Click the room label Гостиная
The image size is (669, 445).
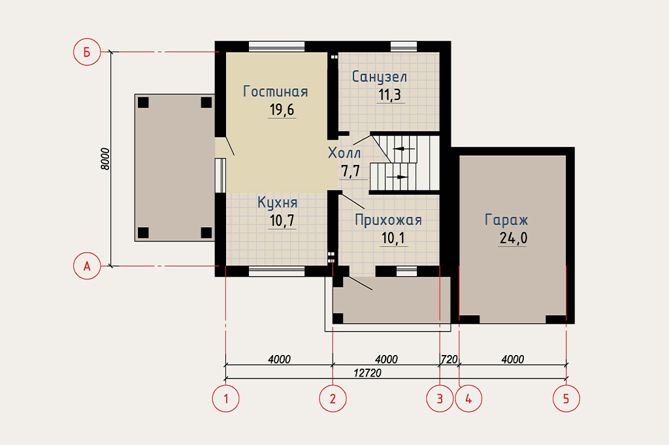coord(275,91)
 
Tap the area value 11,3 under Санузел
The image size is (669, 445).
coord(390,95)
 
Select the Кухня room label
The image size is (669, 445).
coord(277,202)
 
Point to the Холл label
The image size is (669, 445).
coord(344,153)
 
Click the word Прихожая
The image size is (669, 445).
coord(388,220)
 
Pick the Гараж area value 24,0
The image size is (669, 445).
coord(514,238)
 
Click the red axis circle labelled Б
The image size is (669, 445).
coord(87,52)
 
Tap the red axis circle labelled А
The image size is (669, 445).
coord(87,266)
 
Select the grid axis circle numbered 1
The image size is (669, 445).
coord(225,399)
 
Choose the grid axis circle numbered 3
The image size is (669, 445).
coord(440,399)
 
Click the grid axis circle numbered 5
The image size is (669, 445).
coord(566,399)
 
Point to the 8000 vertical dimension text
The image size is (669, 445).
coord(105,159)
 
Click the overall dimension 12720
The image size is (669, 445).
coord(367,373)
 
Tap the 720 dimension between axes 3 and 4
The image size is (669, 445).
coord(449,360)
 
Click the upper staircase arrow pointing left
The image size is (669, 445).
coord(404,149)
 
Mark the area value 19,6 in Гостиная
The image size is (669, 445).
coord(282,110)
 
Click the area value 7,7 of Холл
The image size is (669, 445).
coord(351,172)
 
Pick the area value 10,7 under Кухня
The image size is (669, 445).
coord(282,221)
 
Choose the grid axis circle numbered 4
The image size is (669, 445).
coord(468,399)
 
